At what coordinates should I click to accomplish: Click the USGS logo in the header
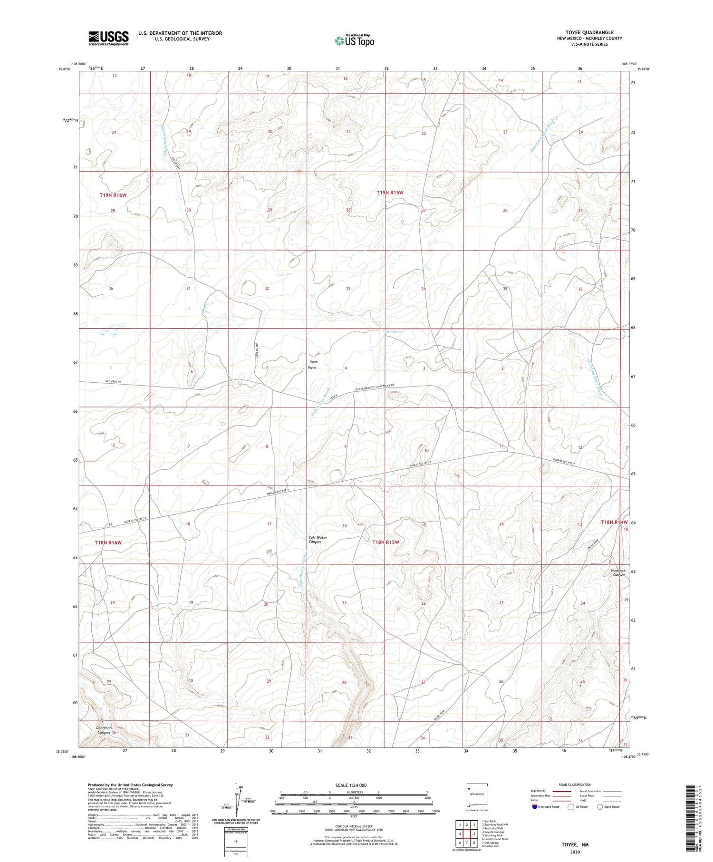pos(108,38)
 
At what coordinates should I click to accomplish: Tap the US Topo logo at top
pos(355,40)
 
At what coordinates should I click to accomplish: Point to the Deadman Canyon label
pos(104,730)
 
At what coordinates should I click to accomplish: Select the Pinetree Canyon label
pos(618,572)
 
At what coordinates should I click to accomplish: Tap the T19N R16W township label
pos(113,195)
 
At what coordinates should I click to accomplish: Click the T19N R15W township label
pos(390,193)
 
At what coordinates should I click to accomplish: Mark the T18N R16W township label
pos(108,542)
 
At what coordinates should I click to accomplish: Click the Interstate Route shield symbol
pos(535,806)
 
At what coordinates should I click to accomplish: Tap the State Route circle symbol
pos(600,806)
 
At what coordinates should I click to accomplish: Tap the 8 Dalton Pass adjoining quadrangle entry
pos(491,846)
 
